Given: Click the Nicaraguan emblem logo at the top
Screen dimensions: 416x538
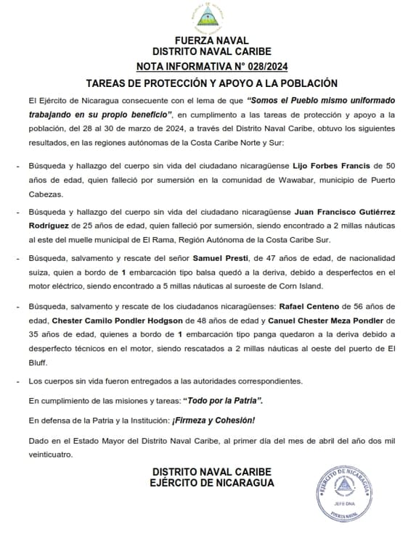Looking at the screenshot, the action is click(207, 17).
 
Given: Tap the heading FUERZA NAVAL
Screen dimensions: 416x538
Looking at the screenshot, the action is click(207, 41).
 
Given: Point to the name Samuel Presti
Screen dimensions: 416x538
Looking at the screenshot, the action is click(219, 257).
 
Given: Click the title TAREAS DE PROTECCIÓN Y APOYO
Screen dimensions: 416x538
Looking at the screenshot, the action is click(207, 83).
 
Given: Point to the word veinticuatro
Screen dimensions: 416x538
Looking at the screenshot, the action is click(51, 455).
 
